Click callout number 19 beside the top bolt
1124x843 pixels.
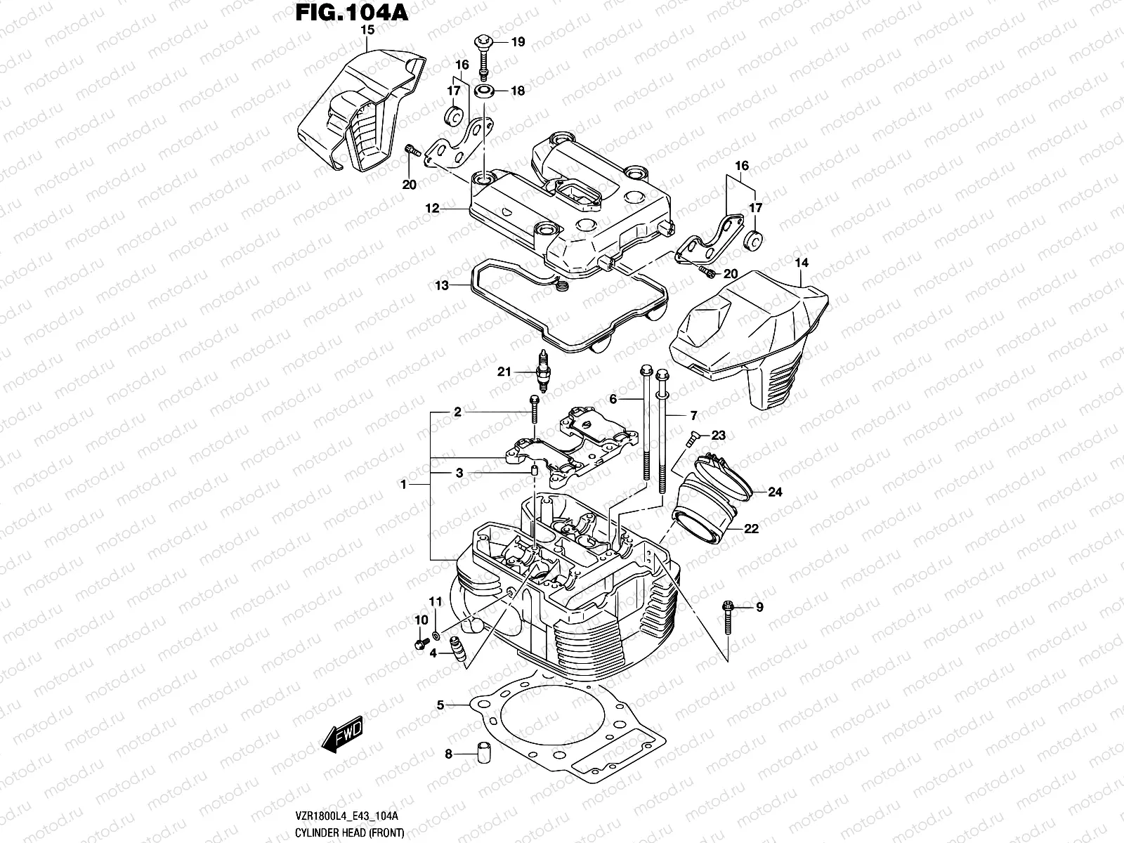(518, 42)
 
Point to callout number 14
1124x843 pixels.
(802, 263)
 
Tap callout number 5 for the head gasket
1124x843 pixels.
(440, 704)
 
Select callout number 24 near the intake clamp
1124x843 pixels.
(774, 492)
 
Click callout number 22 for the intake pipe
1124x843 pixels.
(751, 529)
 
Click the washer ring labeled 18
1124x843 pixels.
(483, 91)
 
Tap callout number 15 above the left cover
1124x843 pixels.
(367, 30)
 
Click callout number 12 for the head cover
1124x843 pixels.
(431, 209)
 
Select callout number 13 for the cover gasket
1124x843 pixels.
(441, 285)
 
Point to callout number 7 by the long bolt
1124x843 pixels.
(693, 416)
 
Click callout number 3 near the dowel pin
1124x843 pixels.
(459, 473)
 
